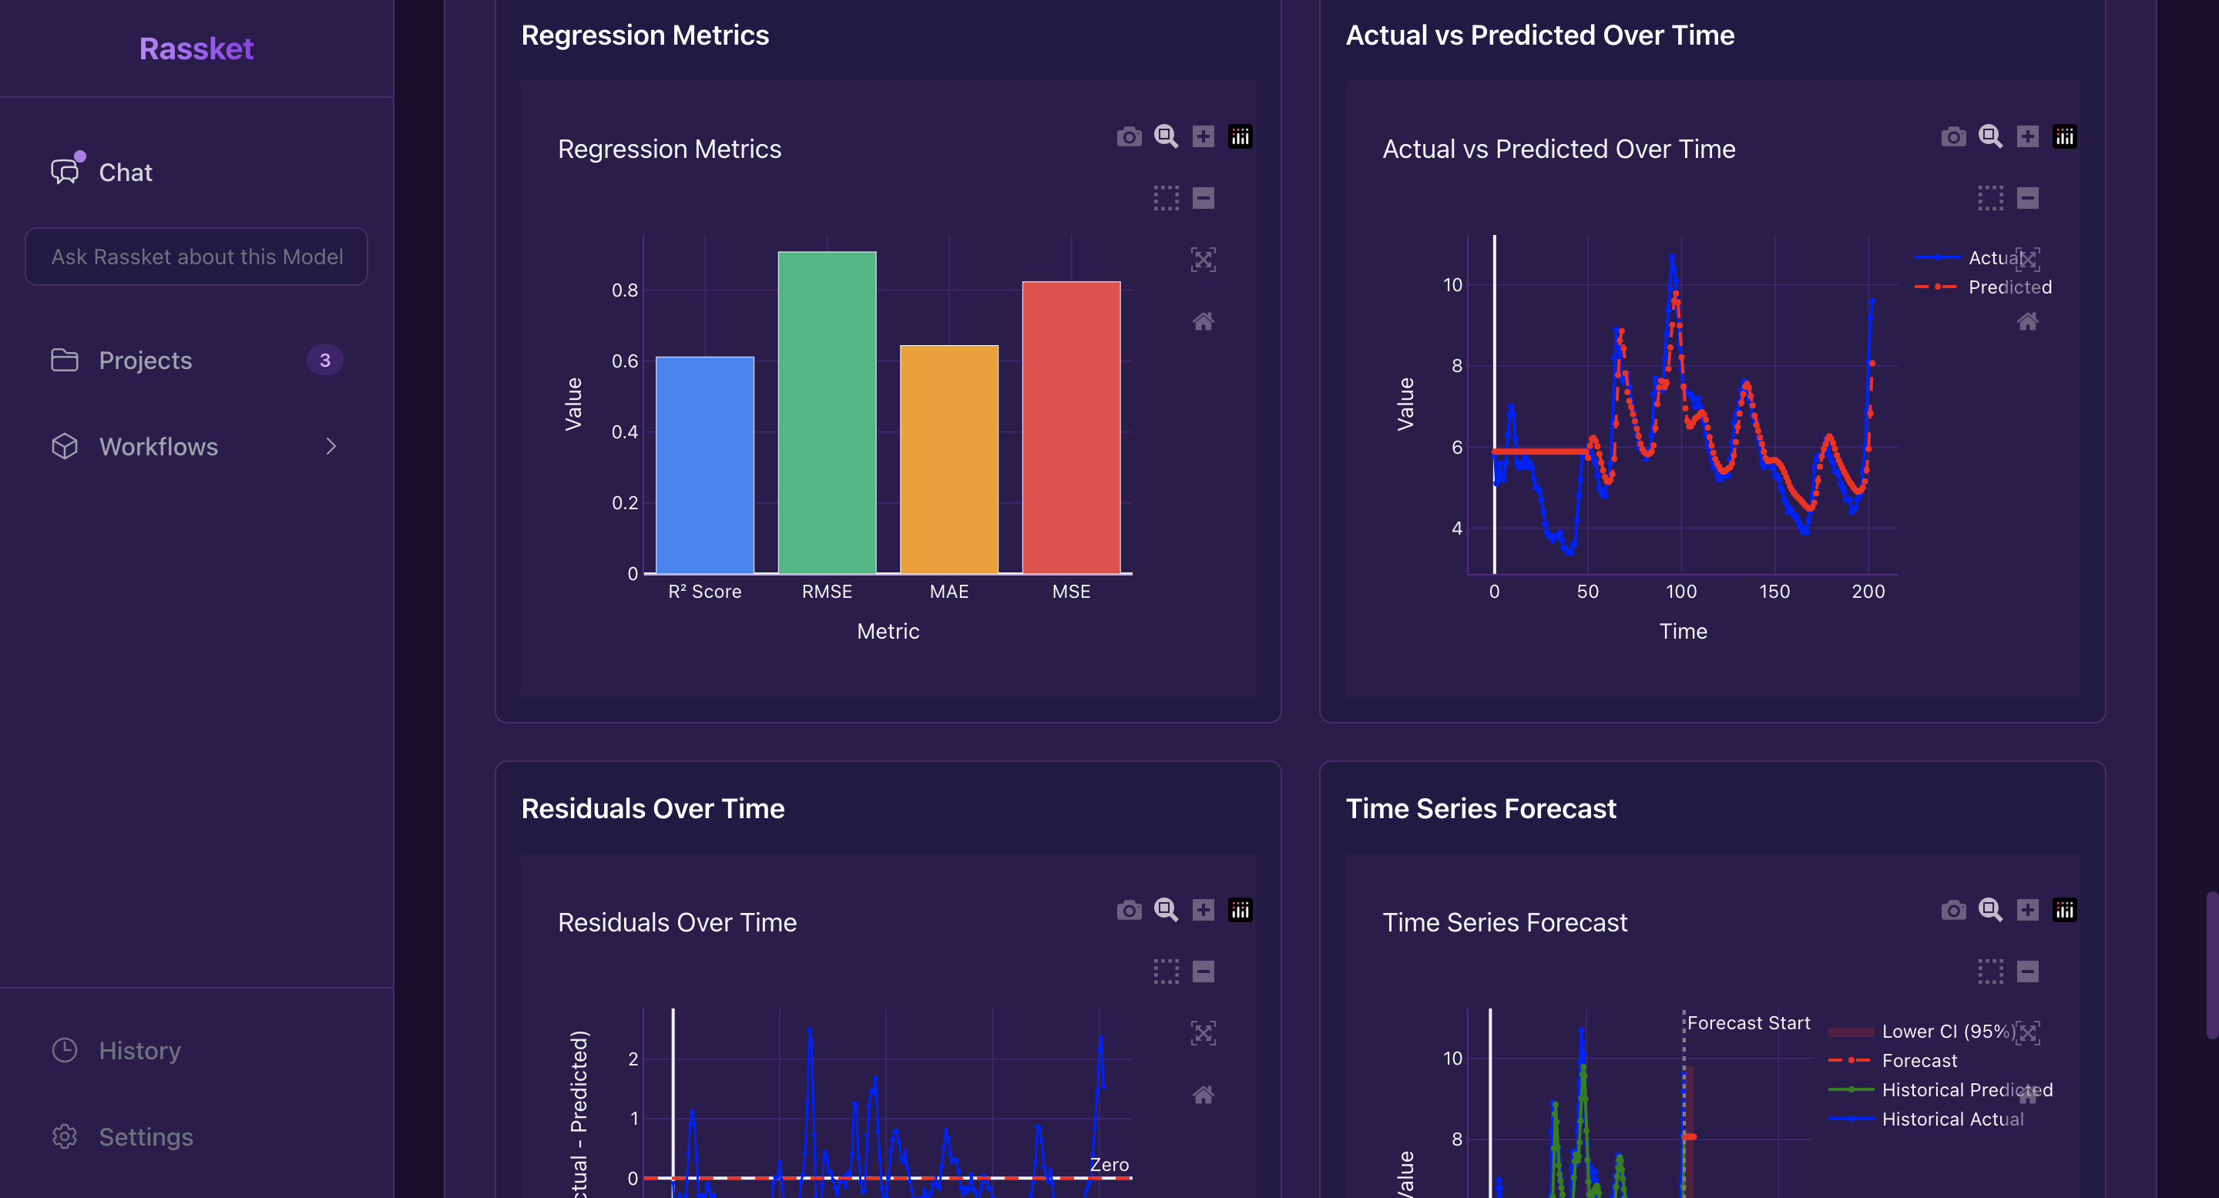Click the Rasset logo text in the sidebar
pos(196,49)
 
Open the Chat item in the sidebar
pos(125,173)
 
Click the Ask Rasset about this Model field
pos(196,257)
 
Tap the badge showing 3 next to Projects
pos(324,360)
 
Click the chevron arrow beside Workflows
pos(331,446)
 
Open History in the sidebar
pos(139,1050)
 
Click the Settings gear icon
pos(65,1136)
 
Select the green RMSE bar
pos(826,414)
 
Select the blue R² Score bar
pos(705,465)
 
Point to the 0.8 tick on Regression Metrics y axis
pos(625,290)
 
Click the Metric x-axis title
pos(888,631)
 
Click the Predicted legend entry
pos(2009,287)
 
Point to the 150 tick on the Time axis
pos(1774,592)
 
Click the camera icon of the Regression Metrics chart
pos(1129,136)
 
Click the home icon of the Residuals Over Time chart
pos(1203,1095)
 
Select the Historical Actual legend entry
pos(1952,1119)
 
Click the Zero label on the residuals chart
pos(1109,1164)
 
